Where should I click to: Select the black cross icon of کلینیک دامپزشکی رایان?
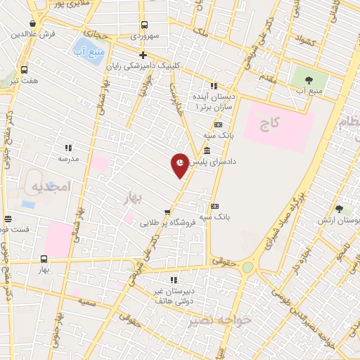(x=143, y=55)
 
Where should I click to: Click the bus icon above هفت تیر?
(x=25, y=70)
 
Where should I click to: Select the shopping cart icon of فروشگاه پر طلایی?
(x=167, y=212)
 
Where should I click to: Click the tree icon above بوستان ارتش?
(x=340, y=209)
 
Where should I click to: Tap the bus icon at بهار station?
(x=44, y=259)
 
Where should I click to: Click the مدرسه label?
(x=68, y=159)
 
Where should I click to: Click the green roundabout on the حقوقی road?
(x=247, y=268)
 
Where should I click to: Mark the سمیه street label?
(x=89, y=301)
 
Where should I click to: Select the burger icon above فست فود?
(x=8, y=219)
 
